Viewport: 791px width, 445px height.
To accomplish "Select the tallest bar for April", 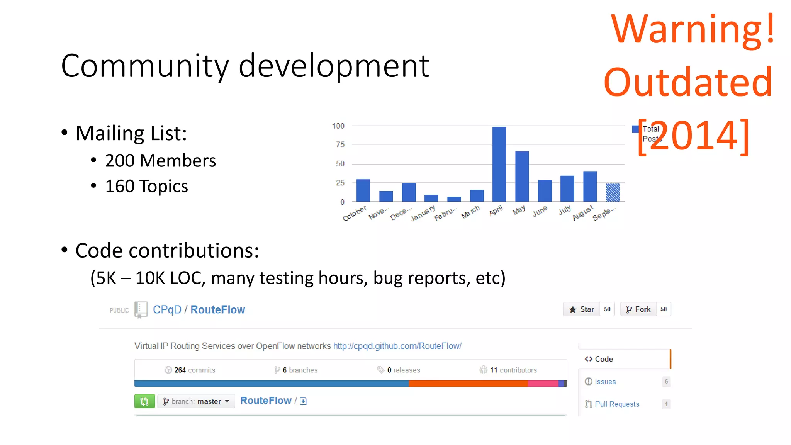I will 499,164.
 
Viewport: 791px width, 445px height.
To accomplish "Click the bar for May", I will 522,177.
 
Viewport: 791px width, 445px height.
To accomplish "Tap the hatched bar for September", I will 613,192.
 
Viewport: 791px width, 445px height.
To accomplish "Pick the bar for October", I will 363,190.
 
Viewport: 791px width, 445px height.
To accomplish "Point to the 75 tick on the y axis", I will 340,145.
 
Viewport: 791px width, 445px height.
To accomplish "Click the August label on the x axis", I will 582,213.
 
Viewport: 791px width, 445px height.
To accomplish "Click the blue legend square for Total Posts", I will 635,129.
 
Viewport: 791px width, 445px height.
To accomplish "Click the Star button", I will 582,309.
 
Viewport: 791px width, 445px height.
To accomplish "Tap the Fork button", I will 638,309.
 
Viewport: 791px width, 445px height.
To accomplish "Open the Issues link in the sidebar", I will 605,382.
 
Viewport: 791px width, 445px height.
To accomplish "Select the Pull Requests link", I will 617,404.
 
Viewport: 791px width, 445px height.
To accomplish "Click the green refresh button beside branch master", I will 144,401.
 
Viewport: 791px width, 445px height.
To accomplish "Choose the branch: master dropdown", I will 196,401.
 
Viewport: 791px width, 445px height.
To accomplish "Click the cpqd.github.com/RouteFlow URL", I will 397,346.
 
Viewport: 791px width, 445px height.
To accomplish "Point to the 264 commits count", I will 190,370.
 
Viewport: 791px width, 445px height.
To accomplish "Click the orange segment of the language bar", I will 468,384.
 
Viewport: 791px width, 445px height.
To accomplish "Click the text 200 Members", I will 160,161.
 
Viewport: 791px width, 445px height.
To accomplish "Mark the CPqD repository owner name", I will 167,310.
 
